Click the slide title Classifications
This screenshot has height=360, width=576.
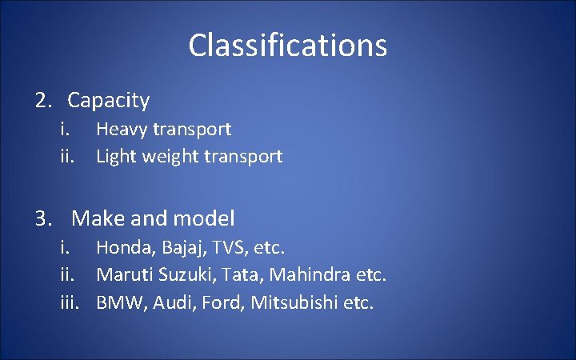[x=288, y=46]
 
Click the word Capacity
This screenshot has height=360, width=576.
[x=108, y=101]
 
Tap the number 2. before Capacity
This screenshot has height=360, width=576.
[x=43, y=101]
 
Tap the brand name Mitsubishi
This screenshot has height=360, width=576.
[x=295, y=304]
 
